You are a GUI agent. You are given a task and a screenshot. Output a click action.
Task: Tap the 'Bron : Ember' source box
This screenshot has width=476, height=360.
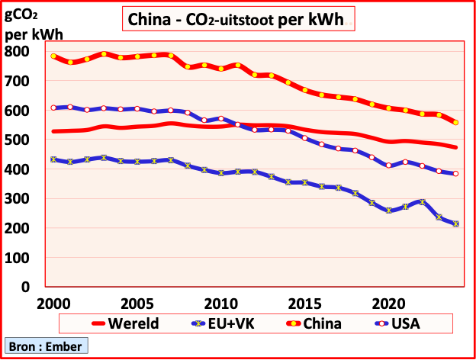45,346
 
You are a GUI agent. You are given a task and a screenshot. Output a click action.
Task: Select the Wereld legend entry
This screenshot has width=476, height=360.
125,323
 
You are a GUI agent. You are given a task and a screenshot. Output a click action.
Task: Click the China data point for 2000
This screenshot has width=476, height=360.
53,56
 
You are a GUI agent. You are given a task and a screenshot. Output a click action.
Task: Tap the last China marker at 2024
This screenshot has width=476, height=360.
456,122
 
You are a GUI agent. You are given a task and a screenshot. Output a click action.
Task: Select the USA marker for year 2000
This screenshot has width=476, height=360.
53,108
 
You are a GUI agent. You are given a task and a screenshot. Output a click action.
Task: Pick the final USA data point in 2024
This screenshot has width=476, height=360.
456,174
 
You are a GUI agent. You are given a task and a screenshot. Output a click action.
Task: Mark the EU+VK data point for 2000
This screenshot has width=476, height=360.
53,159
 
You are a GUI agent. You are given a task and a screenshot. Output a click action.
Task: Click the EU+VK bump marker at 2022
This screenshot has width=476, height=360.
423,202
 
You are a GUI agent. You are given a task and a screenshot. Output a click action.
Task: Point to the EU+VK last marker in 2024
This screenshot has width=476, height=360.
456,223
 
